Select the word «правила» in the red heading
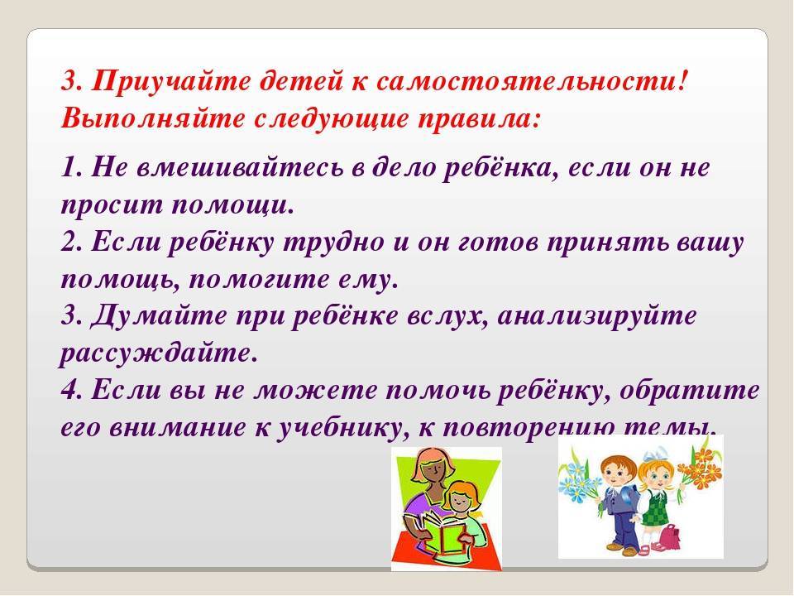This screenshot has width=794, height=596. [476, 119]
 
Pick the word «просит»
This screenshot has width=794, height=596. [112, 204]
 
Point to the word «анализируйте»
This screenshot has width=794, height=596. [597, 315]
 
